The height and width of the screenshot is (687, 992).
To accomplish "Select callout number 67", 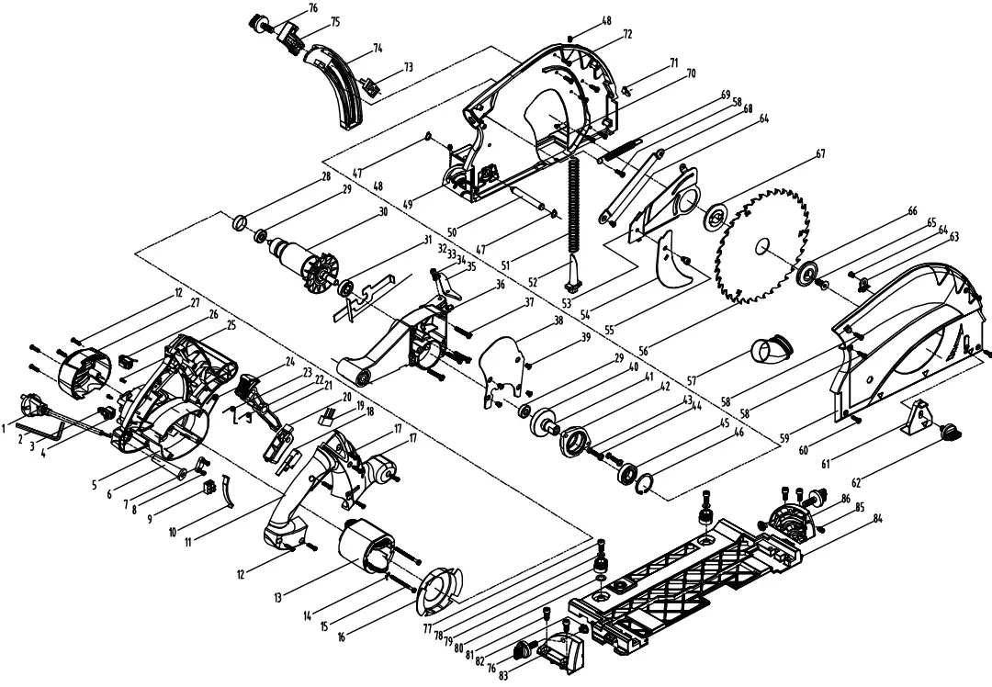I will click(819, 154).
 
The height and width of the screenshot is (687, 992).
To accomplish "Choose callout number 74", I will click(377, 46).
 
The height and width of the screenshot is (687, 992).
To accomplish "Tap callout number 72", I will click(627, 34).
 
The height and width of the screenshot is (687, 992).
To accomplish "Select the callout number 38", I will click(558, 321).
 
